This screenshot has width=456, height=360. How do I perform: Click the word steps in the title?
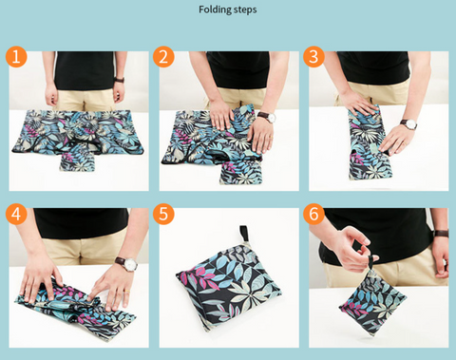coord(245,9)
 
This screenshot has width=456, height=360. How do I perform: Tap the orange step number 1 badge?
coord(16,57)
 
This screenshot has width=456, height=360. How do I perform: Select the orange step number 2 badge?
coord(163,57)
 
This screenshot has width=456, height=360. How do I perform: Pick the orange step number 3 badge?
coord(313,57)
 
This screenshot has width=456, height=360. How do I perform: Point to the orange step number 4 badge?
coord(16,214)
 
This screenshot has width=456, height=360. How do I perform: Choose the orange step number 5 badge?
coord(163,214)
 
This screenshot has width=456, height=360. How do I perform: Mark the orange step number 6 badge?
coord(313,214)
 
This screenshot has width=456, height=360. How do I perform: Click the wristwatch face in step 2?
coord(271,118)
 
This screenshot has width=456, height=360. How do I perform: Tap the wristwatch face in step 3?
coord(411,125)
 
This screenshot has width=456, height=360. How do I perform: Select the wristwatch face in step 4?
coord(131,264)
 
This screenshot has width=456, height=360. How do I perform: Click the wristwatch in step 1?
coord(119,80)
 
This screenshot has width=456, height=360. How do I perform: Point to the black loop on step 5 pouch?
coord(244,234)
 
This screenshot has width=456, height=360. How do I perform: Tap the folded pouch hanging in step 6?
coord(372,302)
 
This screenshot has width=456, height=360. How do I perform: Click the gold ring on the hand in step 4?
coord(126,291)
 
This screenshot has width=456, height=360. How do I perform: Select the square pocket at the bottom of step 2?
coord(241,173)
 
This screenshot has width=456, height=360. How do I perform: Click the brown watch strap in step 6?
coord(441,234)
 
